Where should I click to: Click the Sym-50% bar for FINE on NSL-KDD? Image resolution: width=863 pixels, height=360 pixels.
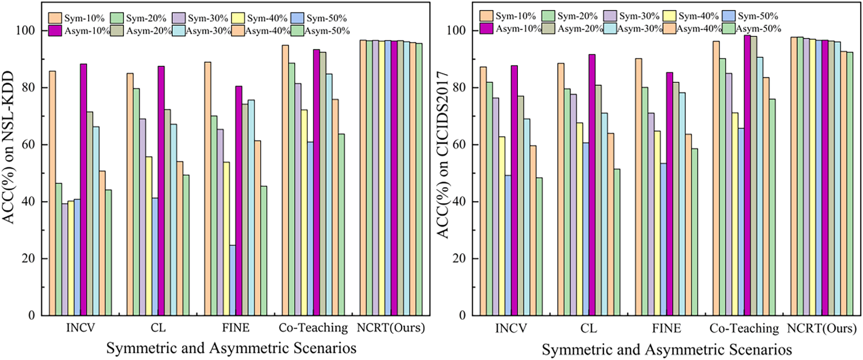[233, 280]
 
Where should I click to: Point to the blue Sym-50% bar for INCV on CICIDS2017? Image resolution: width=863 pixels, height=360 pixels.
[508, 245]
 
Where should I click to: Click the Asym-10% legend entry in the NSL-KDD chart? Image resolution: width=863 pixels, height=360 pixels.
[80, 31]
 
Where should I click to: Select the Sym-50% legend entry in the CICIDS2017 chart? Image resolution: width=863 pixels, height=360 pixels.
[750, 16]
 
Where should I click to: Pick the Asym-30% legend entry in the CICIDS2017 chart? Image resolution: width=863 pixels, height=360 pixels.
[633, 28]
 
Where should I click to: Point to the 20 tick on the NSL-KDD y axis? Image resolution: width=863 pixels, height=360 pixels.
[29, 258]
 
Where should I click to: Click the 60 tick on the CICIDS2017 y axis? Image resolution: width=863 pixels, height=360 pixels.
[459, 144]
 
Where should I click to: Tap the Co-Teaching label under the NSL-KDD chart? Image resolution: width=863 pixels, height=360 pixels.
[313, 328]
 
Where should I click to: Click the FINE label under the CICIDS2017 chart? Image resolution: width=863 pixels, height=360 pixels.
[666, 328]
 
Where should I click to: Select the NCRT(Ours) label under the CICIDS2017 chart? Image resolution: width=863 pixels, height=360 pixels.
[822, 328]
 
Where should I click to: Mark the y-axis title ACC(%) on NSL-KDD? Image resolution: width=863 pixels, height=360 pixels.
[9, 147]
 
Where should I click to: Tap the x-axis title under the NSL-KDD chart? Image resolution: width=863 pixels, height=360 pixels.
[231, 348]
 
